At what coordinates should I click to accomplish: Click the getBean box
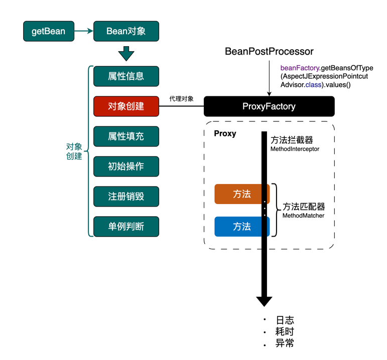click(48, 31)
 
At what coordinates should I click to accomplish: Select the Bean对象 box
click(126, 31)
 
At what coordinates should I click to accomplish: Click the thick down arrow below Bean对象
click(126, 53)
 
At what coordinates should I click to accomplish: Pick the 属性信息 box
click(126, 76)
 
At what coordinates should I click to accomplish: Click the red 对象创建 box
click(126, 106)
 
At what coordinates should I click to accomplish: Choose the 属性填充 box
click(126, 136)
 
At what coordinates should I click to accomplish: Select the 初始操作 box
click(126, 166)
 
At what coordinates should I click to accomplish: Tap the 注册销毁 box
click(126, 197)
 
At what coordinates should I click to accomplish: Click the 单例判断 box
click(126, 227)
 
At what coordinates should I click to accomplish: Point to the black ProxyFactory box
click(269, 106)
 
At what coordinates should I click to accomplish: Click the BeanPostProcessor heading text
click(269, 52)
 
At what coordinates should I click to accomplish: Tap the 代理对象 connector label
click(181, 99)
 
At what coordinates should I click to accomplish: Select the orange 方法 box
click(241, 194)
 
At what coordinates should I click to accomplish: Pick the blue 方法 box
click(241, 227)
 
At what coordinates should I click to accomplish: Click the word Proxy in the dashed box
click(225, 134)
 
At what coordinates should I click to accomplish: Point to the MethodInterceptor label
click(295, 149)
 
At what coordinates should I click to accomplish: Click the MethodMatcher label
click(304, 216)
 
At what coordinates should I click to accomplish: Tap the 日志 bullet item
click(285, 320)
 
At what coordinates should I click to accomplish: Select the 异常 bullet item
click(285, 343)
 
